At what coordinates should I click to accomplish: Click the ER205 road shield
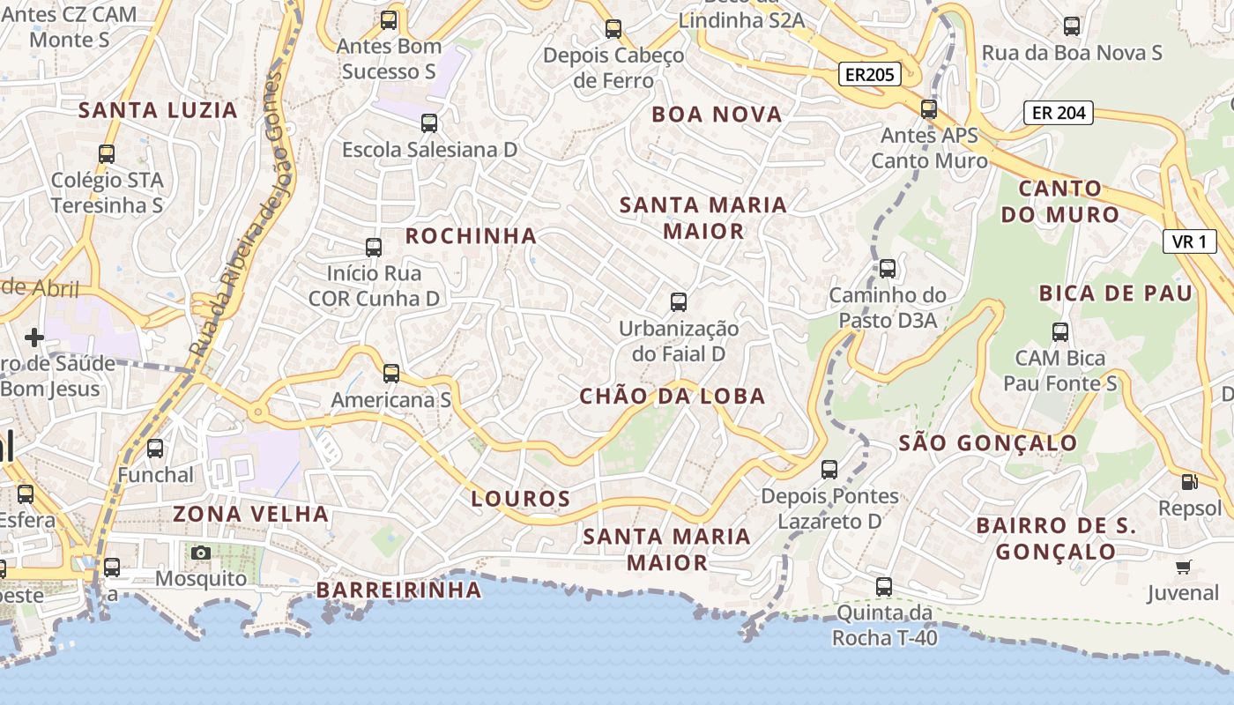pyautogui.click(x=869, y=75)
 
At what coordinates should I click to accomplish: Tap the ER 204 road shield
pyautogui.click(x=1058, y=113)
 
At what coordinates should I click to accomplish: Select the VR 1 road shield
pyautogui.click(x=1189, y=241)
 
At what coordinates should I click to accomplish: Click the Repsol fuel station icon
pyautogui.click(x=1189, y=482)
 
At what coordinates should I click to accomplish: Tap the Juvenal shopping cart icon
pyautogui.click(x=1183, y=567)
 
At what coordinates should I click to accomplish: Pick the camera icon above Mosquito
pyautogui.click(x=201, y=553)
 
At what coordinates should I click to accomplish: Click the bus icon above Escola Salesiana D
pyautogui.click(x=429, y=123)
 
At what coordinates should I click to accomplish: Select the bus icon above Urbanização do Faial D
pyautogui.click(x=679, y=302)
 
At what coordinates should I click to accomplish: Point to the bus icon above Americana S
pyautogui.click(x=391, y=374)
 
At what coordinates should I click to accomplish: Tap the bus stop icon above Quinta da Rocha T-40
pyautogui.click(x=884, y=586)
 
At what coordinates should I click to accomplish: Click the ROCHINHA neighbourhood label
pyautogui.click(x=471, y=235)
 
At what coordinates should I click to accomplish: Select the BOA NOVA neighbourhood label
pyautogui.click(x=717, y=115)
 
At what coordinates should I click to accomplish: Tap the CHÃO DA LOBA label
pyautogui.click(x=673, y=397)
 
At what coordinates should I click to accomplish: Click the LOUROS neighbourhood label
pyautogui.click(x=521, y=499)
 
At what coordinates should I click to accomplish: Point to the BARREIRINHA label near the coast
pyautogui.click(x=398, y=590)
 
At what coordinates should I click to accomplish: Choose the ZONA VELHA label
pyautogui.click(x=250, y=514)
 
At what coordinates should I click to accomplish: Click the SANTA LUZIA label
pyautogui.click(x=159, y=110)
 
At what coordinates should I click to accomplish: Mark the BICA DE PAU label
pyautogui.click(x=1115, y=293)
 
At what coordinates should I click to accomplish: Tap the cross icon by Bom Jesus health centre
pyautogui.click(x=34, y=338)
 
